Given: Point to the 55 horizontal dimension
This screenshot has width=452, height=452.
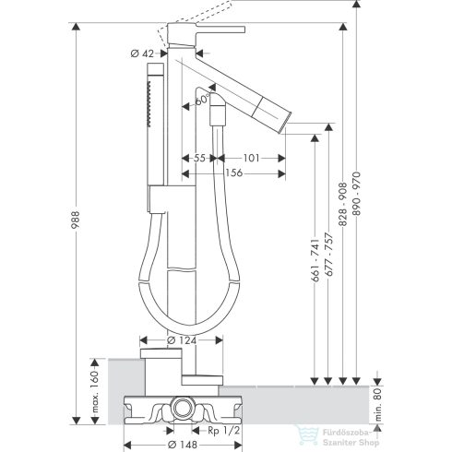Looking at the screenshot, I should click(x=198, y=159).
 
